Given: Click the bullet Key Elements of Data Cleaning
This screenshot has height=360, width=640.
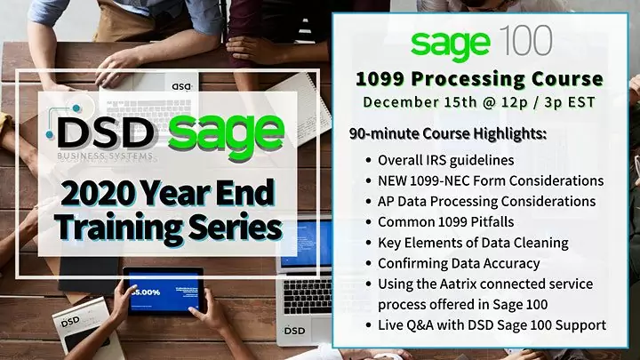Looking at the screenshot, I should [x=472, y=244].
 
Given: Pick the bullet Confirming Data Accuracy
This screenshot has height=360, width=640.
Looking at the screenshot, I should [x=458, y=264].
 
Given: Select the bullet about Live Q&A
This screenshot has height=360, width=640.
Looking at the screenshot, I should [x=492, y=325].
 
